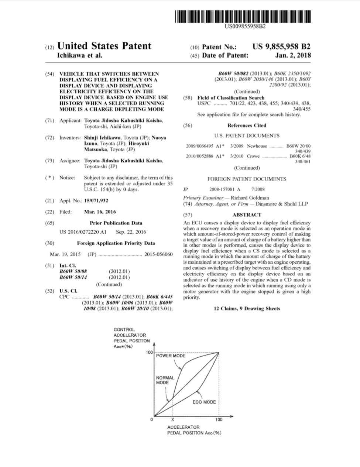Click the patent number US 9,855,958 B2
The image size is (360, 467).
tap(281, 47)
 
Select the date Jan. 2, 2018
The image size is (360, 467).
tap(293, 55)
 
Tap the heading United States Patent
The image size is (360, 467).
tap(104, 46)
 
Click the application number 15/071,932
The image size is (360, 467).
tap(96, 201)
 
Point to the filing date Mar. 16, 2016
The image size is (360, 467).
tap(100, 212)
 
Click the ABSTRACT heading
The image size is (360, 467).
tap(247, 215)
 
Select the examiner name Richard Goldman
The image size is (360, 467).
tap(250, 198)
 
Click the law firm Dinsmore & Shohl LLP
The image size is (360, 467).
tap(282, 204)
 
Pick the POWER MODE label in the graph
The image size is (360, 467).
tap(171, 356)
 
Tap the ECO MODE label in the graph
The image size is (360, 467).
tap(204, 402)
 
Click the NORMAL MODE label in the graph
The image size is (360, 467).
tap(165, 380)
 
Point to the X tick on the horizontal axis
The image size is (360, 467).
tap(172, 420)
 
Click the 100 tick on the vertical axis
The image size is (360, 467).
tap(149, 353)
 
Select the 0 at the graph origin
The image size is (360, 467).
tap(151, 420)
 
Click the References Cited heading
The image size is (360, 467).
tap(247, 126)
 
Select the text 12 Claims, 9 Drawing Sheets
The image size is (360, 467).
tap(247, 309)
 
